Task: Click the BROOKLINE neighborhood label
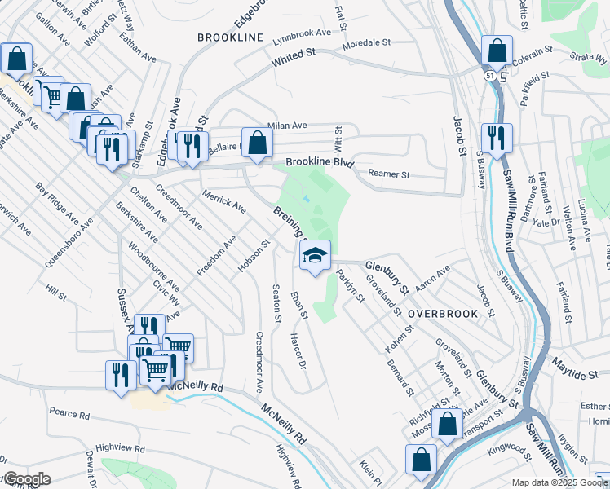pos(230,37)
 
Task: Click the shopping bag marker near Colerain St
pos(497,51)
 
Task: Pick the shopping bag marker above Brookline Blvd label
pos(257,143)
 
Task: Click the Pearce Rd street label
pos(69,414)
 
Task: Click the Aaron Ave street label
pos(432,279)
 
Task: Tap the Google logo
pos(27,479)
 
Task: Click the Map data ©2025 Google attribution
pos(559,482)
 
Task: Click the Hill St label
pos(55,290)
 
